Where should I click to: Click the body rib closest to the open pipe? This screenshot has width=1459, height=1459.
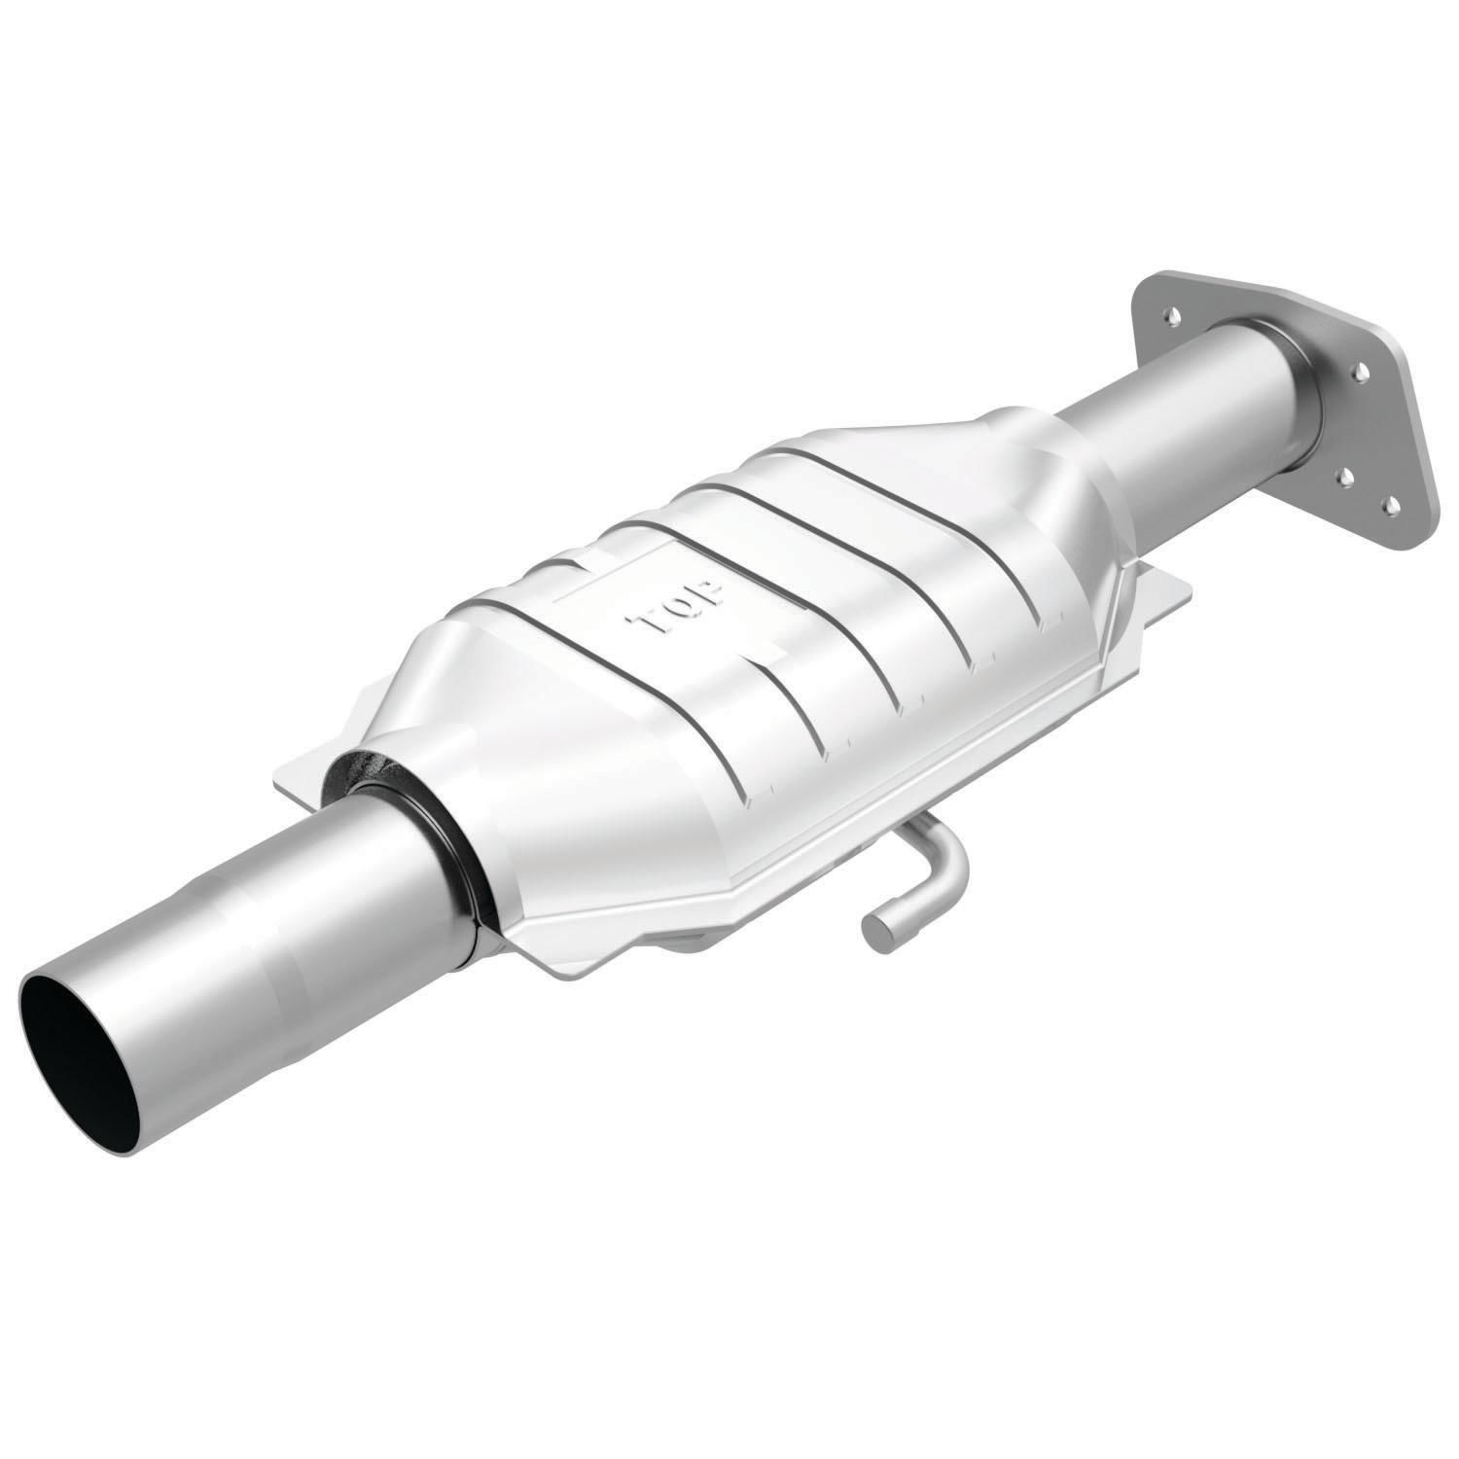coord(681,759)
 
